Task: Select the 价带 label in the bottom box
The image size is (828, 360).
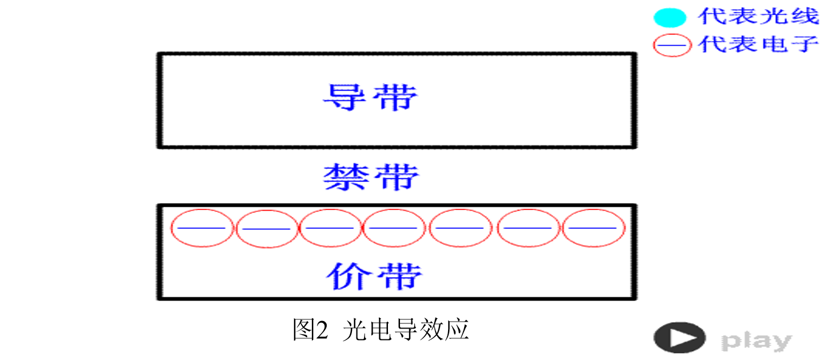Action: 374,276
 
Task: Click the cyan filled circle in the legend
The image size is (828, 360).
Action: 669,18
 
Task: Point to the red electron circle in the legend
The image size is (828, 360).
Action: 672,45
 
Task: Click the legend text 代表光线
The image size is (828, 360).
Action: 759,17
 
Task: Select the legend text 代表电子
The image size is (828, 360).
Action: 759,44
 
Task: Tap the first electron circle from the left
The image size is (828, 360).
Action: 202,228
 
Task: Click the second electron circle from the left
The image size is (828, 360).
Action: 267,228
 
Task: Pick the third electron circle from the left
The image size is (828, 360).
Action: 331,228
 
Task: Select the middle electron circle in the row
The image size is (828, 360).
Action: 394,228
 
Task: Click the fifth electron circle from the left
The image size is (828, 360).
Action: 460,228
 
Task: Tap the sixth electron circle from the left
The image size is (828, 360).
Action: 528,228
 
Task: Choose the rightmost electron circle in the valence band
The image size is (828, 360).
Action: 593,228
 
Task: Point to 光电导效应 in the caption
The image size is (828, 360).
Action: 406,330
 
